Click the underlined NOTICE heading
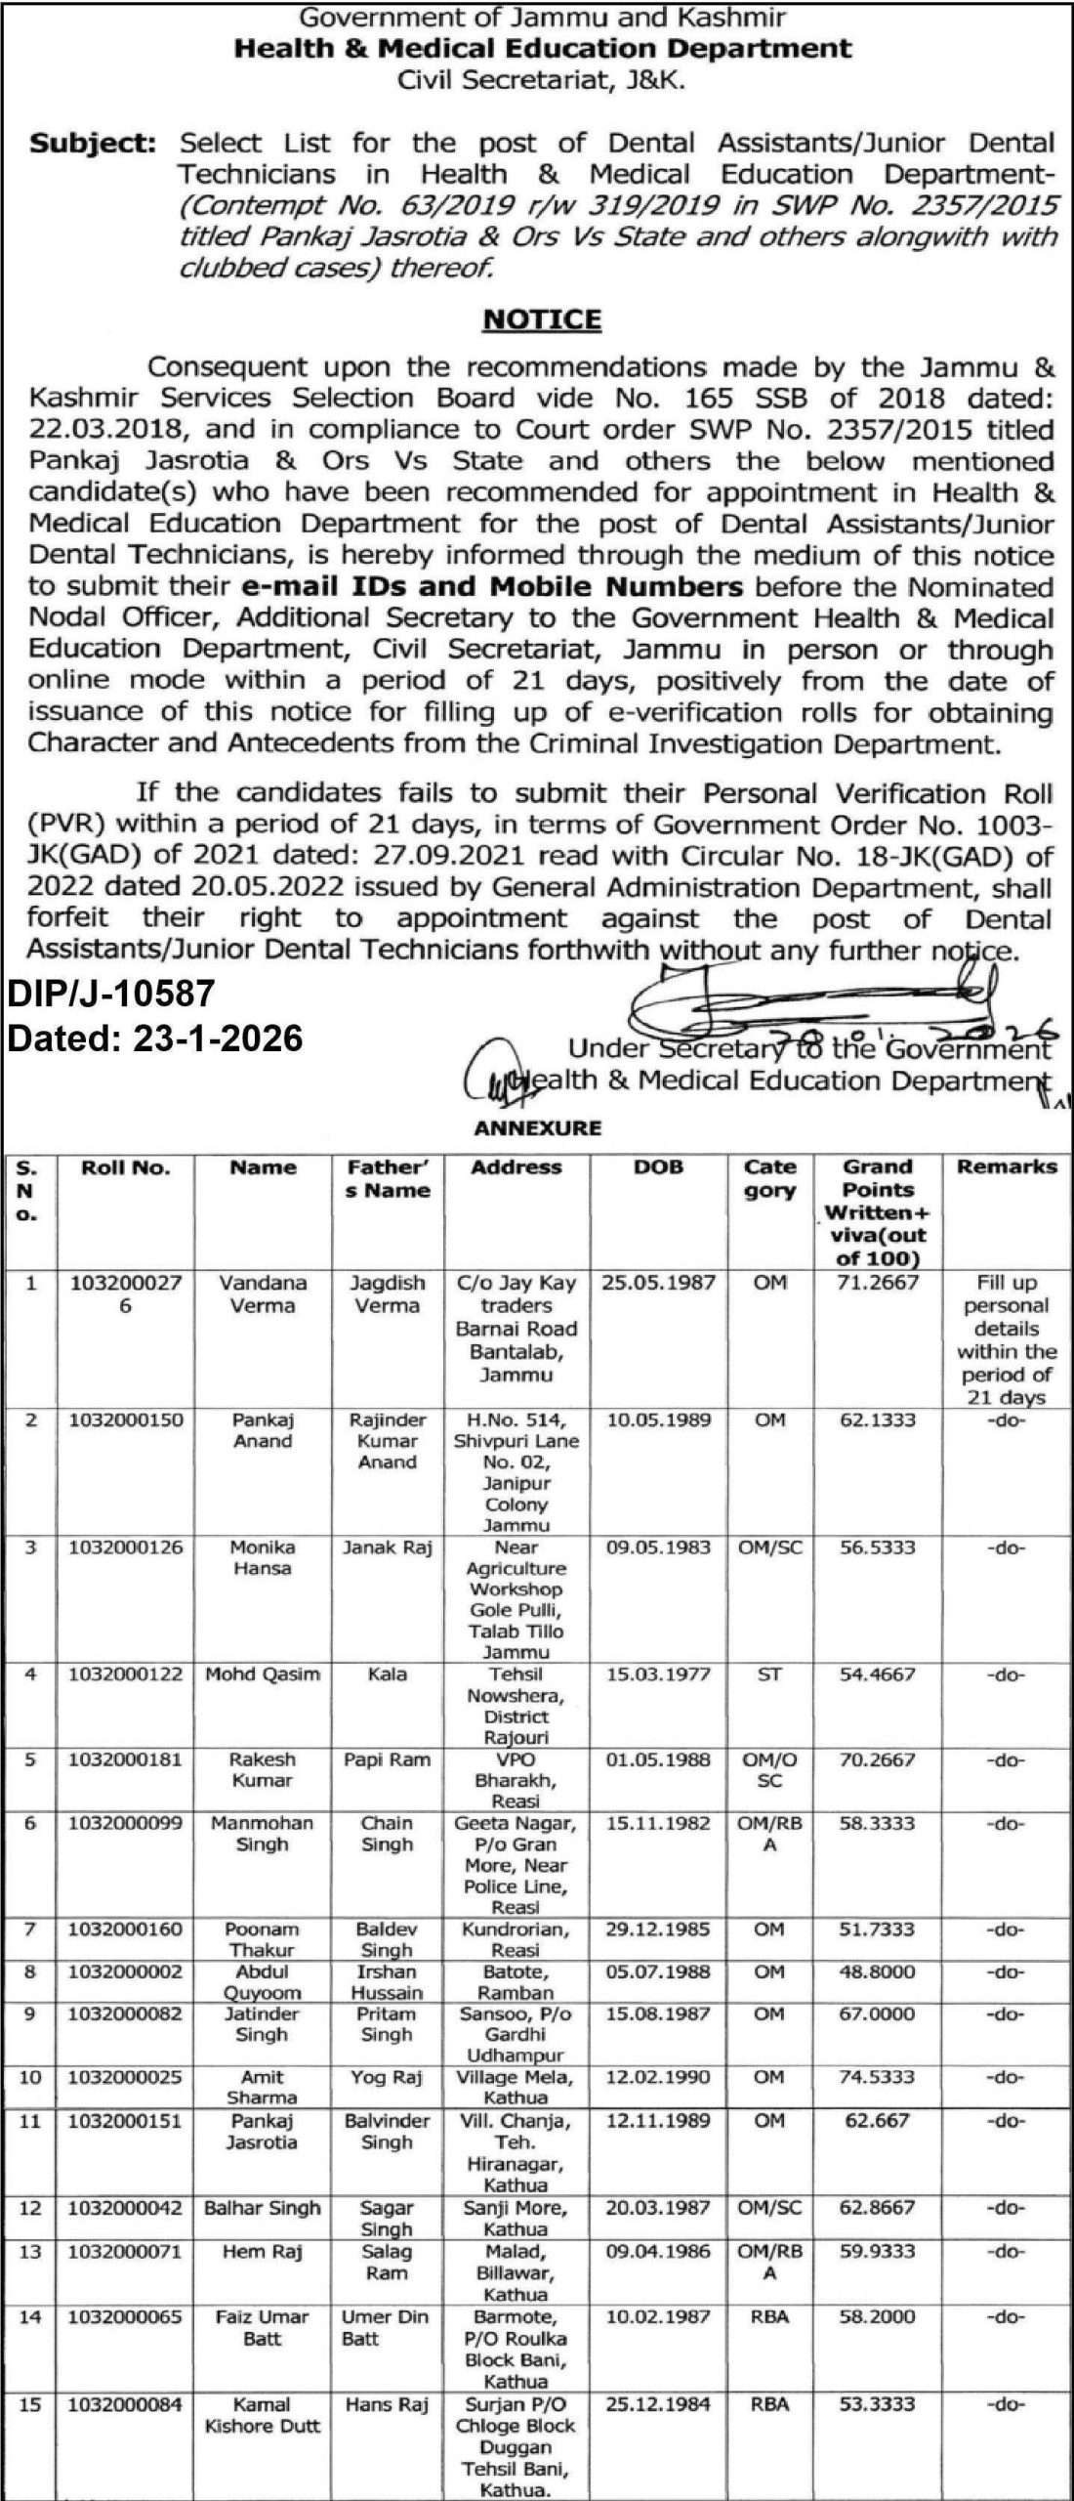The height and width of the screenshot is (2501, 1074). coord(542,319)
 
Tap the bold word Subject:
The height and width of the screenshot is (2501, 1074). coord(93,144)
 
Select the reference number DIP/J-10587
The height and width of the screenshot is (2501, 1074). coord(110,994)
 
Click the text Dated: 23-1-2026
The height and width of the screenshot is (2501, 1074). coord(155,1038)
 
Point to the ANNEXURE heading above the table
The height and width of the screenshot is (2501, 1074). coord(538,1128)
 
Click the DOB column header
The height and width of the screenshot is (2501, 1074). coord(659,1167)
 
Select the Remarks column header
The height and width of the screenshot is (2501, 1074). coord(1007,1166)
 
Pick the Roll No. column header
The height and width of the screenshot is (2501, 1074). coord(126,1167)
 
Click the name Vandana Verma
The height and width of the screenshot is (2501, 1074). coord(263,1293)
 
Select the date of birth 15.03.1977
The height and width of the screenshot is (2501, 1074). coord(659,1674)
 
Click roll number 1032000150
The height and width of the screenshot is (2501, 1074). coord(126,1420)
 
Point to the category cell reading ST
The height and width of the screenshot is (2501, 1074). coord(770,1674)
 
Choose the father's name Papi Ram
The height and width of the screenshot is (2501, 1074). coord(388,1759)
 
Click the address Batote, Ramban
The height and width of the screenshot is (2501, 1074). coord(516,1954)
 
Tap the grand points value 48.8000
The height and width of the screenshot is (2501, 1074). coord(878,1944)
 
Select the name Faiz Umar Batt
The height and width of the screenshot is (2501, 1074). coord(263,2327)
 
